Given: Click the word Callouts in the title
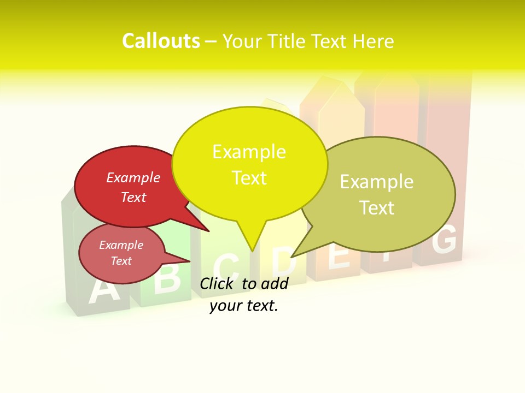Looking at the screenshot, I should coord(161,41).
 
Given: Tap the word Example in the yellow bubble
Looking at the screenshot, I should coord(249,152).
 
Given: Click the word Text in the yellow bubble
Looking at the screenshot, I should coord(249,178).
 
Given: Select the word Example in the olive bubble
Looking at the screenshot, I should coord(376,182).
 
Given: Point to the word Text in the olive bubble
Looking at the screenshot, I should coord(376,208).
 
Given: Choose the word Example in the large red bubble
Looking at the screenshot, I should coord(133,178).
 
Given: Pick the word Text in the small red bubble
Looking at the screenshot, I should coord(121,261).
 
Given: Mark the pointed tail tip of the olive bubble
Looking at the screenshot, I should coord(291,257).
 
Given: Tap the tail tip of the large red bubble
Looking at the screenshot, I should coord(209,231).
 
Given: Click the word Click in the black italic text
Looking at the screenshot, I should coord(218,283).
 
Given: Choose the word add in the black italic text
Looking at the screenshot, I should coord(275,283).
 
